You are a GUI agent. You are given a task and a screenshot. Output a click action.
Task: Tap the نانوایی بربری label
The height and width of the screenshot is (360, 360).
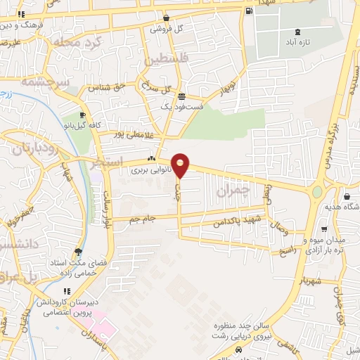tap(148, 169)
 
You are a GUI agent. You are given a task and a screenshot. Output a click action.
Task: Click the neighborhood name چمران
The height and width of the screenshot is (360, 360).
tap(234, 191)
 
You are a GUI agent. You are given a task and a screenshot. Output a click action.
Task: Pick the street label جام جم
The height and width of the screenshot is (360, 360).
tap(144, 220)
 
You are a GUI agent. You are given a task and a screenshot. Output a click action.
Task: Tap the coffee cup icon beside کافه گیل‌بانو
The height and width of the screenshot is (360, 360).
tap(83, 115)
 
